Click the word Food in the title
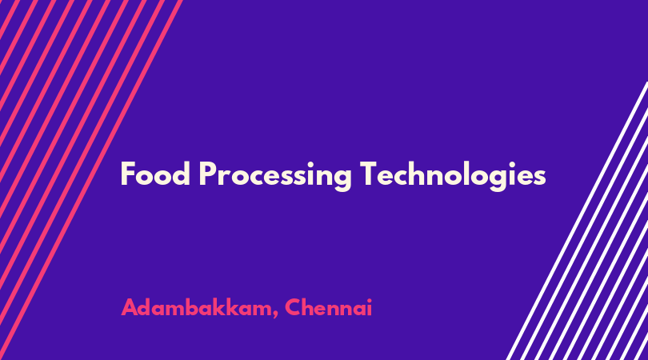(x=155, y=174)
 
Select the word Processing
(x=275, y=176)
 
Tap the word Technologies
(x=453, y=176)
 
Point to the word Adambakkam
(x=195, y=307)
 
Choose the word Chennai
(x=329, y=307)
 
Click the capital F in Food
(x=128, y=174)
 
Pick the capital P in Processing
(x=207, y=174)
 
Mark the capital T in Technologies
(x=368, y=174)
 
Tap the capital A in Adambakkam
(x=130, y=307)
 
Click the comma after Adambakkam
(x=275, y=315)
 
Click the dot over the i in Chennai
(x=369, y=301)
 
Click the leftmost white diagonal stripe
(x=578, y=221)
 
